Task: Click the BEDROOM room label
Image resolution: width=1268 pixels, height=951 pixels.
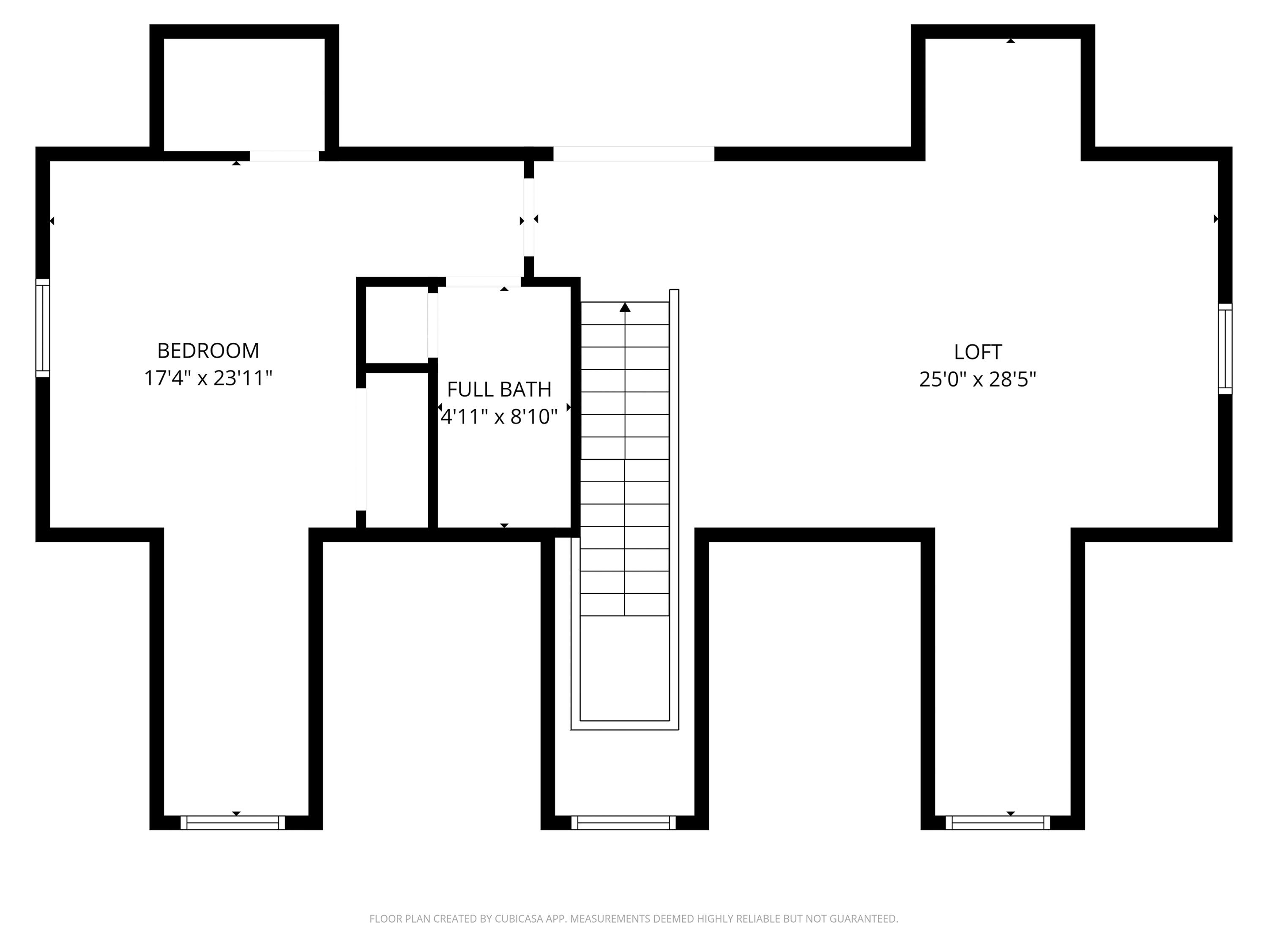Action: click(208, 350)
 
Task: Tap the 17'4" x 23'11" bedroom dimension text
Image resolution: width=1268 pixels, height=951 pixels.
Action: click(208, 378)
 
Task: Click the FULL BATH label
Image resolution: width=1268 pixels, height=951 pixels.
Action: click(499, 389)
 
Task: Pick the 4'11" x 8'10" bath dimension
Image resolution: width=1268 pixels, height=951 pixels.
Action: click(499, 417)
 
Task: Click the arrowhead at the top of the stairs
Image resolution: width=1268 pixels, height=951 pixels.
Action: click(625, 308)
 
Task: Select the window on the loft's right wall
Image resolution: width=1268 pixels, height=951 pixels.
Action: click(1225, 349)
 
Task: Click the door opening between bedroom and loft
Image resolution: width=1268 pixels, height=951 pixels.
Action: click(528, 217)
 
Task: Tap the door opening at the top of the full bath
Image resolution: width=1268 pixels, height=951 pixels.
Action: click(483, 282)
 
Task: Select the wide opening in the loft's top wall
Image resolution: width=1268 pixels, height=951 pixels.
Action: click(634, 153)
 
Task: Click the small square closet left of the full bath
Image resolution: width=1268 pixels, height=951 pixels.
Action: click(397, 325)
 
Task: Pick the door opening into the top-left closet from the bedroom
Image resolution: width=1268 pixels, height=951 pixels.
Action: click(284, 156)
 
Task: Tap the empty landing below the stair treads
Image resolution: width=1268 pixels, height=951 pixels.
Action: click(625, 668)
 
